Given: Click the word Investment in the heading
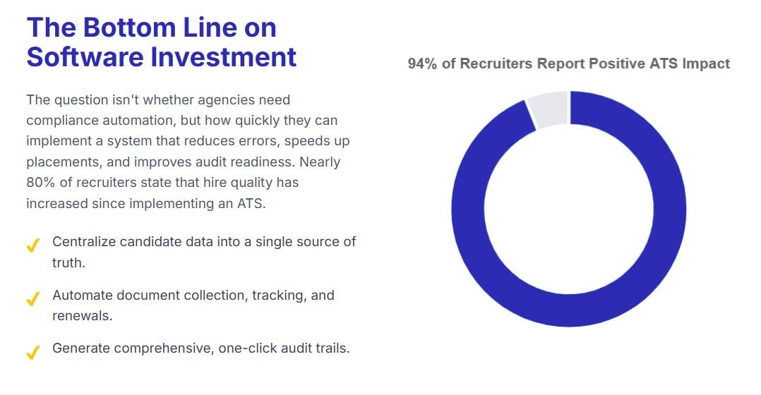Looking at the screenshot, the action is tap(223, 56).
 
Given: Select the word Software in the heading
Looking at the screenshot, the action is tap(85, 56).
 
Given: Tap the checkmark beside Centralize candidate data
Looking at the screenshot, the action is tap(33, 245).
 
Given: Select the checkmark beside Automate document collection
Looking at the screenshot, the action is tap(33, 298).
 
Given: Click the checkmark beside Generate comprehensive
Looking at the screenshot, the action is tap(33, 352).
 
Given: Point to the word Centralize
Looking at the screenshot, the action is tap(84, 241).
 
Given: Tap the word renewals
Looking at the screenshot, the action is tap(83, 316).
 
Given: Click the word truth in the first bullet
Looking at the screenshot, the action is tap(68, 262).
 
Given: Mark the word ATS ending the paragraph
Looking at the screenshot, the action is tap(251, 204).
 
